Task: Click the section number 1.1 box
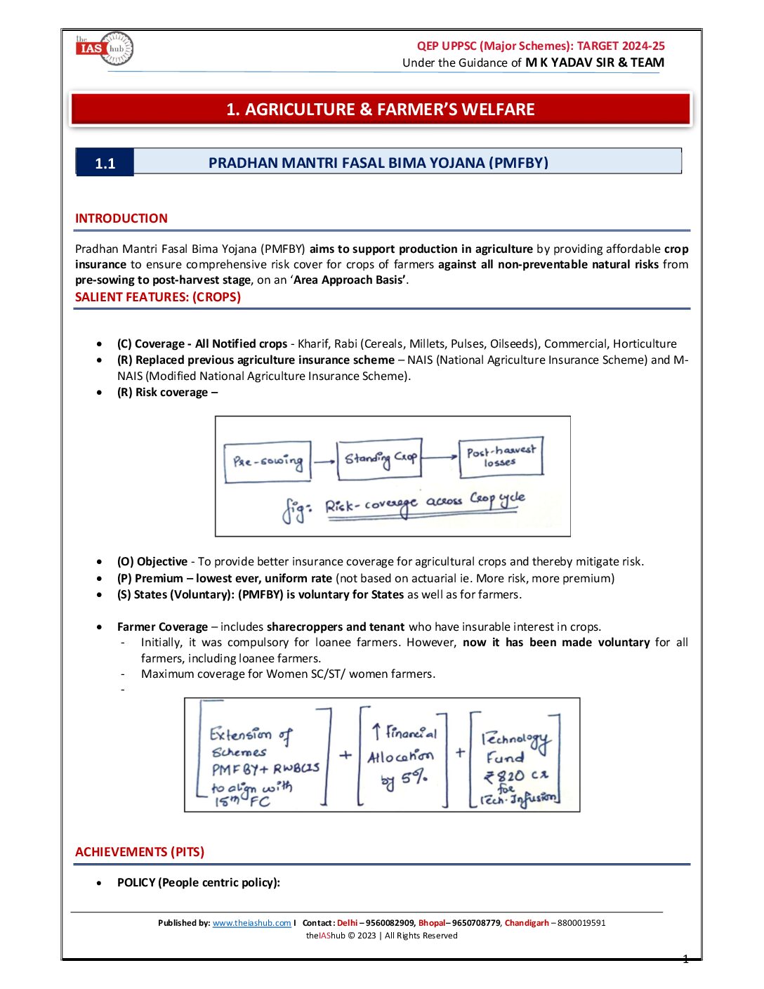point(105,163)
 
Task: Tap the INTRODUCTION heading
point(121,218)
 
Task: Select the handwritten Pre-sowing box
point(268,462)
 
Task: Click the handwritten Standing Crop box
point(379,459)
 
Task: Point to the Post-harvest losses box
point(500,457)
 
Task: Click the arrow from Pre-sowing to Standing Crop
point(324,461)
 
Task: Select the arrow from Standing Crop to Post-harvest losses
point(440,457)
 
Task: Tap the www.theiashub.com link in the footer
point(251,923)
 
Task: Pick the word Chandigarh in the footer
point(527,923)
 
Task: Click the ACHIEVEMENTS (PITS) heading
point(140,852)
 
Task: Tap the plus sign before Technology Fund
point(460,752)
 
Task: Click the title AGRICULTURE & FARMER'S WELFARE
point(380,110)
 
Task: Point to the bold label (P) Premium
point(150,578)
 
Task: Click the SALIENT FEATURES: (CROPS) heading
point(158,297)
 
